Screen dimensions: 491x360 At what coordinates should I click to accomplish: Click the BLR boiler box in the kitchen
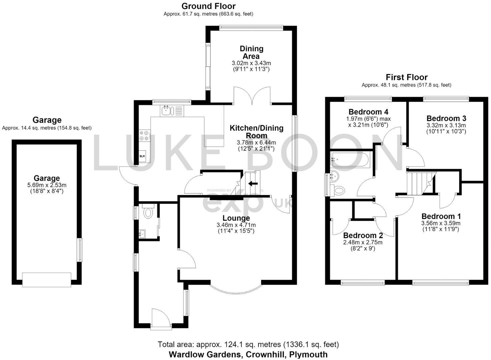tap(142, 156)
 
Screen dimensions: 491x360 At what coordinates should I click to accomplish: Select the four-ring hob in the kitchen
tap(145, 135)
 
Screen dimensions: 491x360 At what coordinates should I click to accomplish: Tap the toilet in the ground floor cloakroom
tap(148, 211)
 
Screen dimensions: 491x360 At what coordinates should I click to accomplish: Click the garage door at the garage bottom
tap(47, 280)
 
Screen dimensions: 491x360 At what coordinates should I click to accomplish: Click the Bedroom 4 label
tap(368, 112)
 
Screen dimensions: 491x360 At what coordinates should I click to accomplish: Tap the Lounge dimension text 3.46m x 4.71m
tap(236, 225)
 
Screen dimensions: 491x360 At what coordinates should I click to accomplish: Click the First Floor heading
tap(407, 77)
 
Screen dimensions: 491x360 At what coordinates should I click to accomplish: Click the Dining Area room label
tap(252, 52)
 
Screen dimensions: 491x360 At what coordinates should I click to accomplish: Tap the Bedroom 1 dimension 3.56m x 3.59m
tap(441, 223)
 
